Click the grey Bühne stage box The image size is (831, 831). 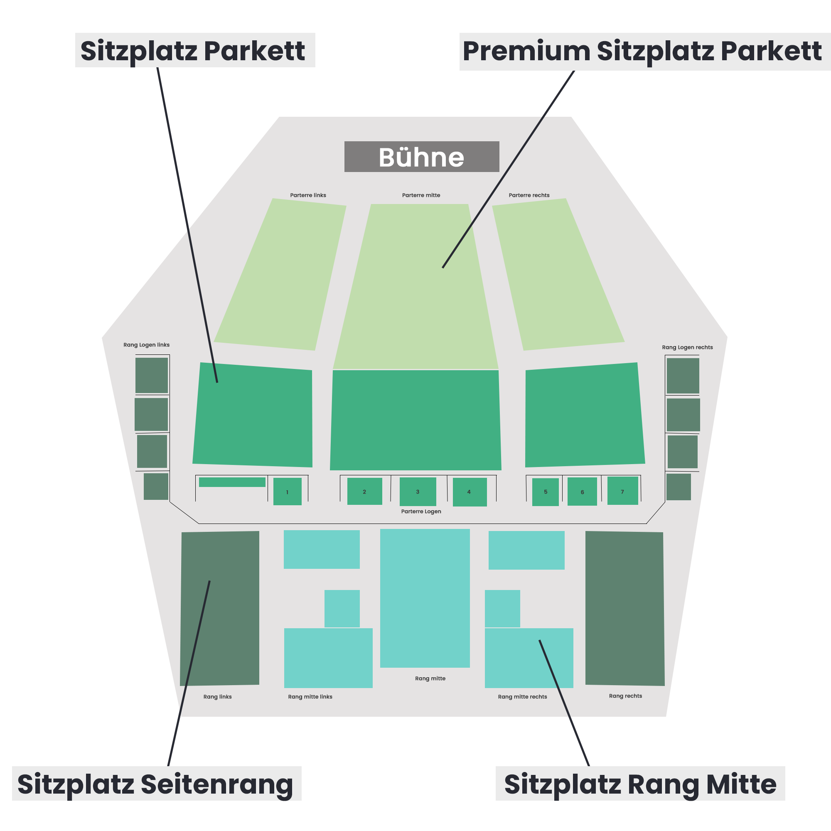click(421, 157)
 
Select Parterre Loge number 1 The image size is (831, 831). click(288, 491)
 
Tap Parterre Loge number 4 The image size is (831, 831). click(469, 492)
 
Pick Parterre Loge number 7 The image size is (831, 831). click(622, 490)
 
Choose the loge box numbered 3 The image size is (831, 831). click(418, 491)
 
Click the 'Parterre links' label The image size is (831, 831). click(308, 195)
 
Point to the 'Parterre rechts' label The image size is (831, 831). click(529, 195)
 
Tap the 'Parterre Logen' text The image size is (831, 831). click(421, 511)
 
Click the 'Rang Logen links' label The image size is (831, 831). click(146, 345)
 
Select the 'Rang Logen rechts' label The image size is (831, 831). click(687, 347)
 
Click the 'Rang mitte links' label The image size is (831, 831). click(310, 697)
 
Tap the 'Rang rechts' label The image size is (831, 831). click(625, 696)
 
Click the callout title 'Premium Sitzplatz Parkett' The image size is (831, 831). click(642, 52)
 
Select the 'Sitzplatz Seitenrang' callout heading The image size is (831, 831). click(156, 784)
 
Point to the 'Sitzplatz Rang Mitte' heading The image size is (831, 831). click(640, 784)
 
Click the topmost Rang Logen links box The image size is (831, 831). click(151, 375)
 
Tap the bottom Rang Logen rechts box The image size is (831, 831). click(679, 487)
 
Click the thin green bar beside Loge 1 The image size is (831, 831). click(232, 482)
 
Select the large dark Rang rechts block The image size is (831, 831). click(624, 608)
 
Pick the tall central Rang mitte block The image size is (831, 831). click(425, 598)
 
